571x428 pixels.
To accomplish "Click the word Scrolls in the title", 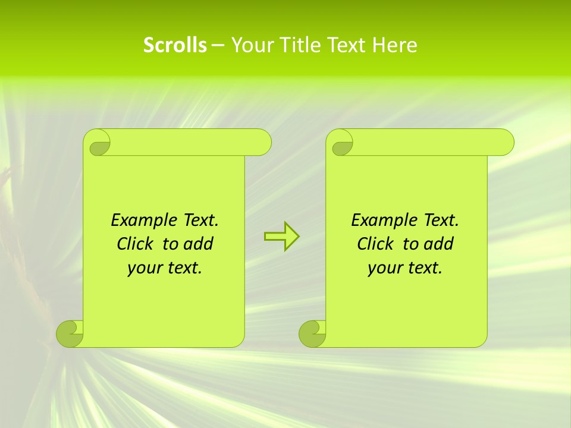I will [x=175, y=45].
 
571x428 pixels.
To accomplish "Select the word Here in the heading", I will [x=395, y=45].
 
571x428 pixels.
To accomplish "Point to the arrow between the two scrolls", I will [x=281, y=237].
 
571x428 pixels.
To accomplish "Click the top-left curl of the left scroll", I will [x=99, y=143].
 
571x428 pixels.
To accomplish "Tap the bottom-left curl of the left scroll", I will [x=70, y=333].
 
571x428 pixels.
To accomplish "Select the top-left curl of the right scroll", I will [x=342, y=143].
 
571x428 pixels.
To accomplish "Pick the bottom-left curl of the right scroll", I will [x=312, y=333].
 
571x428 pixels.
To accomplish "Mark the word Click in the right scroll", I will [x=375, y=244].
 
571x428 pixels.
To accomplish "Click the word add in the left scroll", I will [x=197, y=244].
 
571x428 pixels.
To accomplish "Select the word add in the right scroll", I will [x=438, y=244].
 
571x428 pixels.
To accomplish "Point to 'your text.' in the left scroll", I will [x=165, y=268].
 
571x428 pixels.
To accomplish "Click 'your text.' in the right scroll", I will [x=405, y=268].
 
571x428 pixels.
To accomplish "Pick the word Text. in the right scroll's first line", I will [x=441, y=221].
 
